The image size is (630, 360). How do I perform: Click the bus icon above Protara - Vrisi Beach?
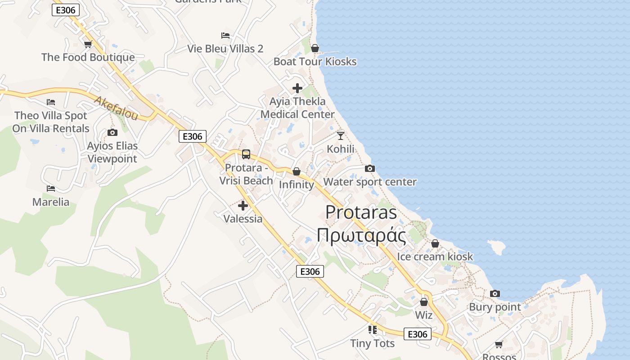[246, 154]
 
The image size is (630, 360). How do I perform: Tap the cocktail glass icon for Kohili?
[341, 135]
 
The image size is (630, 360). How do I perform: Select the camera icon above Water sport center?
[370, 168]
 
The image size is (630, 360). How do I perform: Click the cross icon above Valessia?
[243, 206]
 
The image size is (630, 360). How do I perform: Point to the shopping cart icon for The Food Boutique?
[88, 44]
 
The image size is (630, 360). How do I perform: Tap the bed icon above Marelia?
[51, 189]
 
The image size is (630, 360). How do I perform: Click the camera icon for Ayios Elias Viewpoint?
[112, 132]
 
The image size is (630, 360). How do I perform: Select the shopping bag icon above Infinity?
[297, 171]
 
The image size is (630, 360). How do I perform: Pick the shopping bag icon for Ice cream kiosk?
[435, 243]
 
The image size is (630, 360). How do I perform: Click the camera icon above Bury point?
[495, 294]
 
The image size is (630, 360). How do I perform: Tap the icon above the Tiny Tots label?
[372, 330]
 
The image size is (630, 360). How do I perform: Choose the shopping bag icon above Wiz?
[424, 302]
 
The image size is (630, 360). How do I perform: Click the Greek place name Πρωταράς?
[361, 235]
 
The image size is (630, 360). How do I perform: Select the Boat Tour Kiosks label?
[315, 62]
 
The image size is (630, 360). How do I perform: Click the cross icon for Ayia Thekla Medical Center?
[297, 88]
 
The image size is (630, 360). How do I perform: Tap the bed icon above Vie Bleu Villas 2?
[225, 35]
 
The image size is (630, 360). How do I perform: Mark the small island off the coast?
[497, 246]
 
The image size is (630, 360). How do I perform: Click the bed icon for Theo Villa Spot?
[51, 102]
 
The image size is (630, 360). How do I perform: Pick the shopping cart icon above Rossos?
[499, 344]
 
